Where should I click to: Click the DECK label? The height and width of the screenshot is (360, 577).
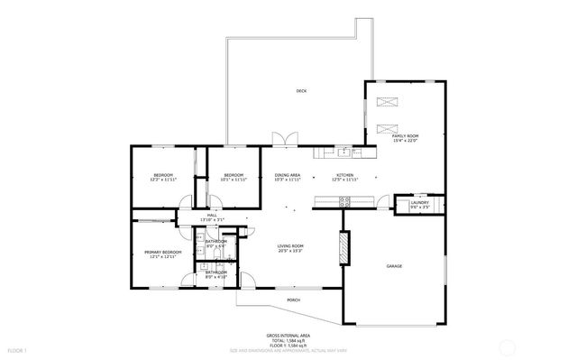[300, 91]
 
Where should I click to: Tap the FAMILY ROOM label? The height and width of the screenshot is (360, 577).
[406, 135]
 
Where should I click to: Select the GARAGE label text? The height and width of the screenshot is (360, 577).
[394, 266]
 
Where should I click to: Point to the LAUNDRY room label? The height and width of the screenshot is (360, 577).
[419, 203]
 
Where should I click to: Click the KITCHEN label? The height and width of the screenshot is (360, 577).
[344, 175]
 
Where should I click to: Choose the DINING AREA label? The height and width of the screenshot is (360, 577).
[288, 175]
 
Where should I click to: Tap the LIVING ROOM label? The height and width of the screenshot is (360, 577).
[289, 246]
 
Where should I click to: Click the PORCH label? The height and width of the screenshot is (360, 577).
[293, 300]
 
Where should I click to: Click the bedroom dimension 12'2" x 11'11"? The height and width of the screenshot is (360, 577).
[162, 180]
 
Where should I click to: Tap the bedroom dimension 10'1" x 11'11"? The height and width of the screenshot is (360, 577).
[234, 180]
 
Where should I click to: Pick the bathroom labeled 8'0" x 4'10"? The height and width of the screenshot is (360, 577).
[215, 275]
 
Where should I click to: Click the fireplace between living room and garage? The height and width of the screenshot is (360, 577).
[343, 248]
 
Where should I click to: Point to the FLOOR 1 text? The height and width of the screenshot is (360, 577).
[18, 348]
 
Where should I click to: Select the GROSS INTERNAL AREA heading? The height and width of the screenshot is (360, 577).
[288, 334]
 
